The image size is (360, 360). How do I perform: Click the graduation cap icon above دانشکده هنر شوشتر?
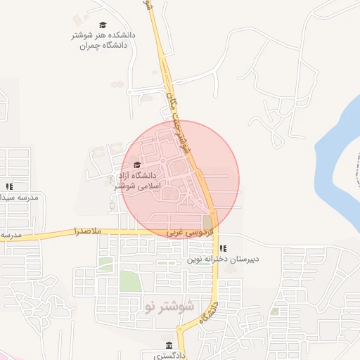click(x=104, y=25)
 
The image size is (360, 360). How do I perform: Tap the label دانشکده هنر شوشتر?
click(x=104, y=35)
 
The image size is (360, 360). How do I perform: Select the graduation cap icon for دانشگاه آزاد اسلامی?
click(x=136, y=165)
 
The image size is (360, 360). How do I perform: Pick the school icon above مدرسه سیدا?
click(x=9, y=186)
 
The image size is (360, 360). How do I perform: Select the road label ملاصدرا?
click(x=88, y=231)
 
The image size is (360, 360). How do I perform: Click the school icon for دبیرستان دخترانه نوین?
click(x=223, y=247)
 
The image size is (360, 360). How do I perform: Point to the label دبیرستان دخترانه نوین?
click(x=223, y=259)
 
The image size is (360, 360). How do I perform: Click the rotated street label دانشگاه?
click(x=208, y=310)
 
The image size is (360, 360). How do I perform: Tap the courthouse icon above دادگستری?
click(x=169, y=345)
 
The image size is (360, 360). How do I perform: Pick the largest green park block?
click(x=129, y=281)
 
